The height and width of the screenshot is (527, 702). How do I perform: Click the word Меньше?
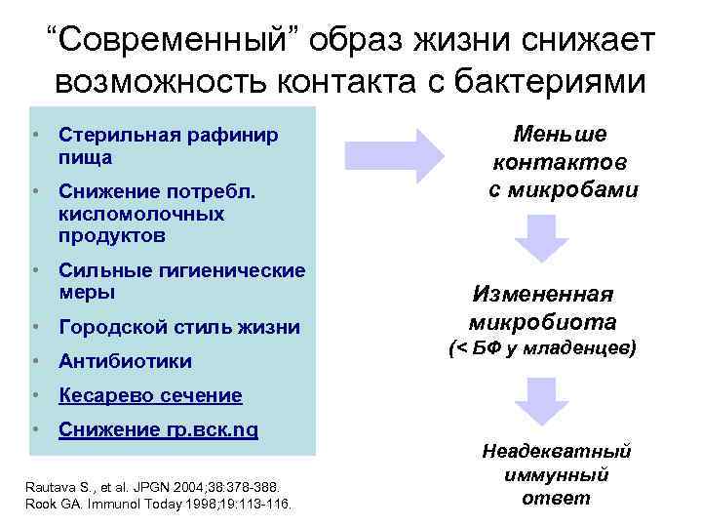point(561,134)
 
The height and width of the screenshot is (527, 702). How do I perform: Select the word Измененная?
point(542,294)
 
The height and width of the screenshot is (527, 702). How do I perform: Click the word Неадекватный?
point(557,451)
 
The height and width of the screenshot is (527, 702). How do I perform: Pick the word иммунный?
point(557,474)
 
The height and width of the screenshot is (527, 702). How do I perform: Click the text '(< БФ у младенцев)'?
point(542,347)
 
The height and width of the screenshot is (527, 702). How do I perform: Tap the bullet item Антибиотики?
point(125,362)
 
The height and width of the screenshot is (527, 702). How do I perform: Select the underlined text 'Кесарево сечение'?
point(150,395)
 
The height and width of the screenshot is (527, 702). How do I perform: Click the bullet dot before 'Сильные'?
point(34,270)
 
